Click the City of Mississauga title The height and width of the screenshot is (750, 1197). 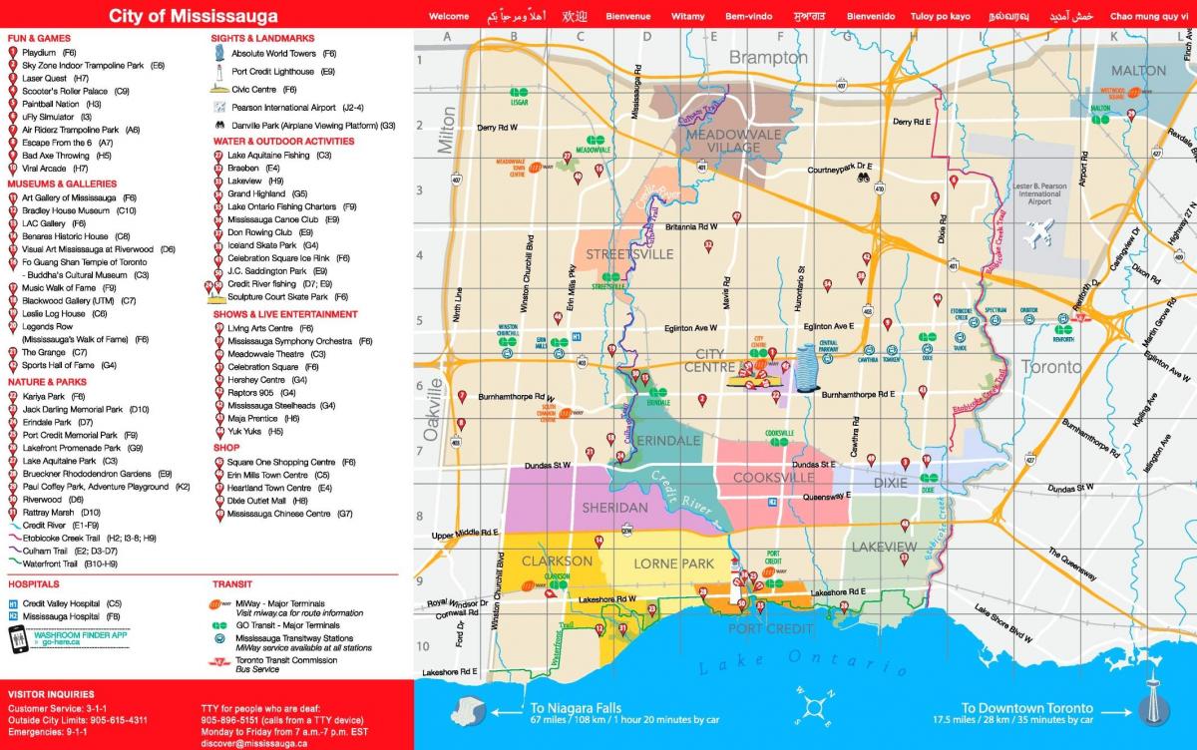point(193,16)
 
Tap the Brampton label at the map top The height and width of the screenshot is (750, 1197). point(768,58)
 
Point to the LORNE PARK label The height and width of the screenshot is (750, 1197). point(673,563)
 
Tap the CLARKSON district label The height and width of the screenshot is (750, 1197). point(557,561)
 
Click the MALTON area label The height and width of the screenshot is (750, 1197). point(1137,70)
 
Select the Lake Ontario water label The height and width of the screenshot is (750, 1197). point(788,660)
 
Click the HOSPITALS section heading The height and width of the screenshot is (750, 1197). point(34,584)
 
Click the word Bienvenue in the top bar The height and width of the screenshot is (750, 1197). point(627,17)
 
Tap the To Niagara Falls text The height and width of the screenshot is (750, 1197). point(571,707)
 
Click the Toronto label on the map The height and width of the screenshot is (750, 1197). point(1050,367)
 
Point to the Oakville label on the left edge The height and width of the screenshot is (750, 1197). point(432,409)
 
